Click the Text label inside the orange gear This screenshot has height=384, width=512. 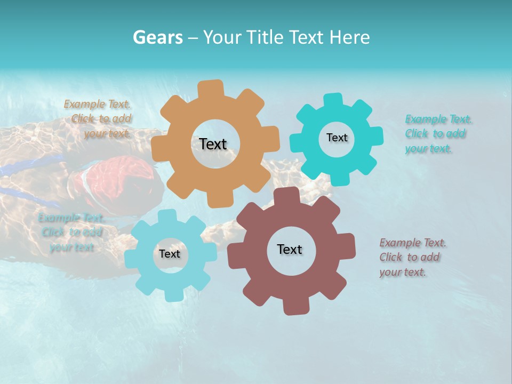click(213, 144)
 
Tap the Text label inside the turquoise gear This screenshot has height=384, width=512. click(337, 138)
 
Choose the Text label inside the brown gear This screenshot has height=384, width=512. click(290, 249)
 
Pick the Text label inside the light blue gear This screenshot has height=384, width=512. click(170, 254)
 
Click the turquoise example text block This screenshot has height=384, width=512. click(437, 134)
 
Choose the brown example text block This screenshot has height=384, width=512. click(412, 258)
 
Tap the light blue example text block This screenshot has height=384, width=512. click(70, 233)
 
